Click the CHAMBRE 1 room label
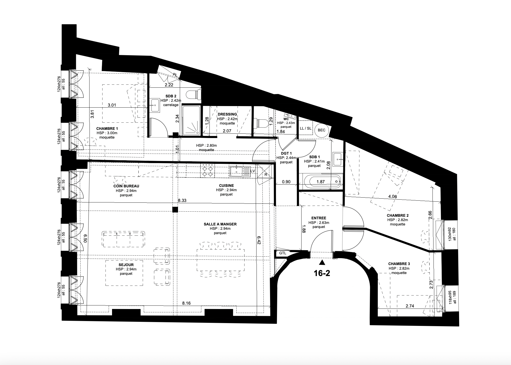[x=107, y=129]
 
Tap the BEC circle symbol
[x=321, y=130]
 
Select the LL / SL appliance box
[x=305, y=128]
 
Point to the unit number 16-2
[x=322, y=273]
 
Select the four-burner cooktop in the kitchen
[x=207, y=170]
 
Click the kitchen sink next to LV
[x=236, y=171]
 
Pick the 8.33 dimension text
[x=182, y=201]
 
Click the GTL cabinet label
[x=283, y=253]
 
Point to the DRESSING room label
[x=227, y=114]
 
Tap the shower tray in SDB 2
[x=191, y=121]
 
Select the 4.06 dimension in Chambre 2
[x=392, y=197]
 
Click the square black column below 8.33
[x=175, y=210]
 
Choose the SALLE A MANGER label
[x=220, y=224]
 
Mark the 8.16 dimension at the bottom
[x=186, y=303]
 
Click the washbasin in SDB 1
[x=338, y=159]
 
